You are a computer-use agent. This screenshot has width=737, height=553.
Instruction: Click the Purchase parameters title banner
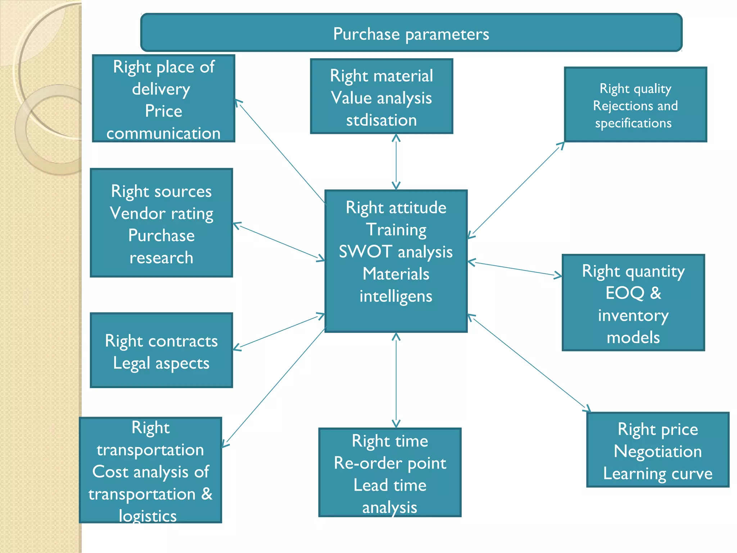pos(411,33)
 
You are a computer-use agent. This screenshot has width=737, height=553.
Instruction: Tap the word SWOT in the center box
pos(365,251)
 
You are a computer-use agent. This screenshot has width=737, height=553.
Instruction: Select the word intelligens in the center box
pos(396,296)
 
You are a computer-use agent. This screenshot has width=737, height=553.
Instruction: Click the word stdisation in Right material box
pos(381,120)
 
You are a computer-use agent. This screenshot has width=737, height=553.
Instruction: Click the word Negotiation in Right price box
pos(658,451)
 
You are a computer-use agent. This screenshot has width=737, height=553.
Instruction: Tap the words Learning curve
pos(658,473)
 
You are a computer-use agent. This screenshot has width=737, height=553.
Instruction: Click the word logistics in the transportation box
pos(148,516)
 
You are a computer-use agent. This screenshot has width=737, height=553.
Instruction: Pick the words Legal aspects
pos(161,363)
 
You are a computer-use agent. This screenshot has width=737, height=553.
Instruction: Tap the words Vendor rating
pos(162,213)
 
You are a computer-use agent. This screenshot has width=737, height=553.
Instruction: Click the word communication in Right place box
pos(163,133)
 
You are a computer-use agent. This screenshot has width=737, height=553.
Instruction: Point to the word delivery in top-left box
pos(161,89)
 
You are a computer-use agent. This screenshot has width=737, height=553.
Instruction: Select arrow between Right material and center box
pos(396,162)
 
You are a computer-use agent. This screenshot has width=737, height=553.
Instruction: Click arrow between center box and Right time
pos(396,380)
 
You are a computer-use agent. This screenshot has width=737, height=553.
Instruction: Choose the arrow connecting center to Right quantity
pos(515,269)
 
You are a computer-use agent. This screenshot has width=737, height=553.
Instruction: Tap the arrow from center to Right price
pos(529,363)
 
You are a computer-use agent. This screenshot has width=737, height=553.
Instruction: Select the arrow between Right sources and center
pos(279,242)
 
